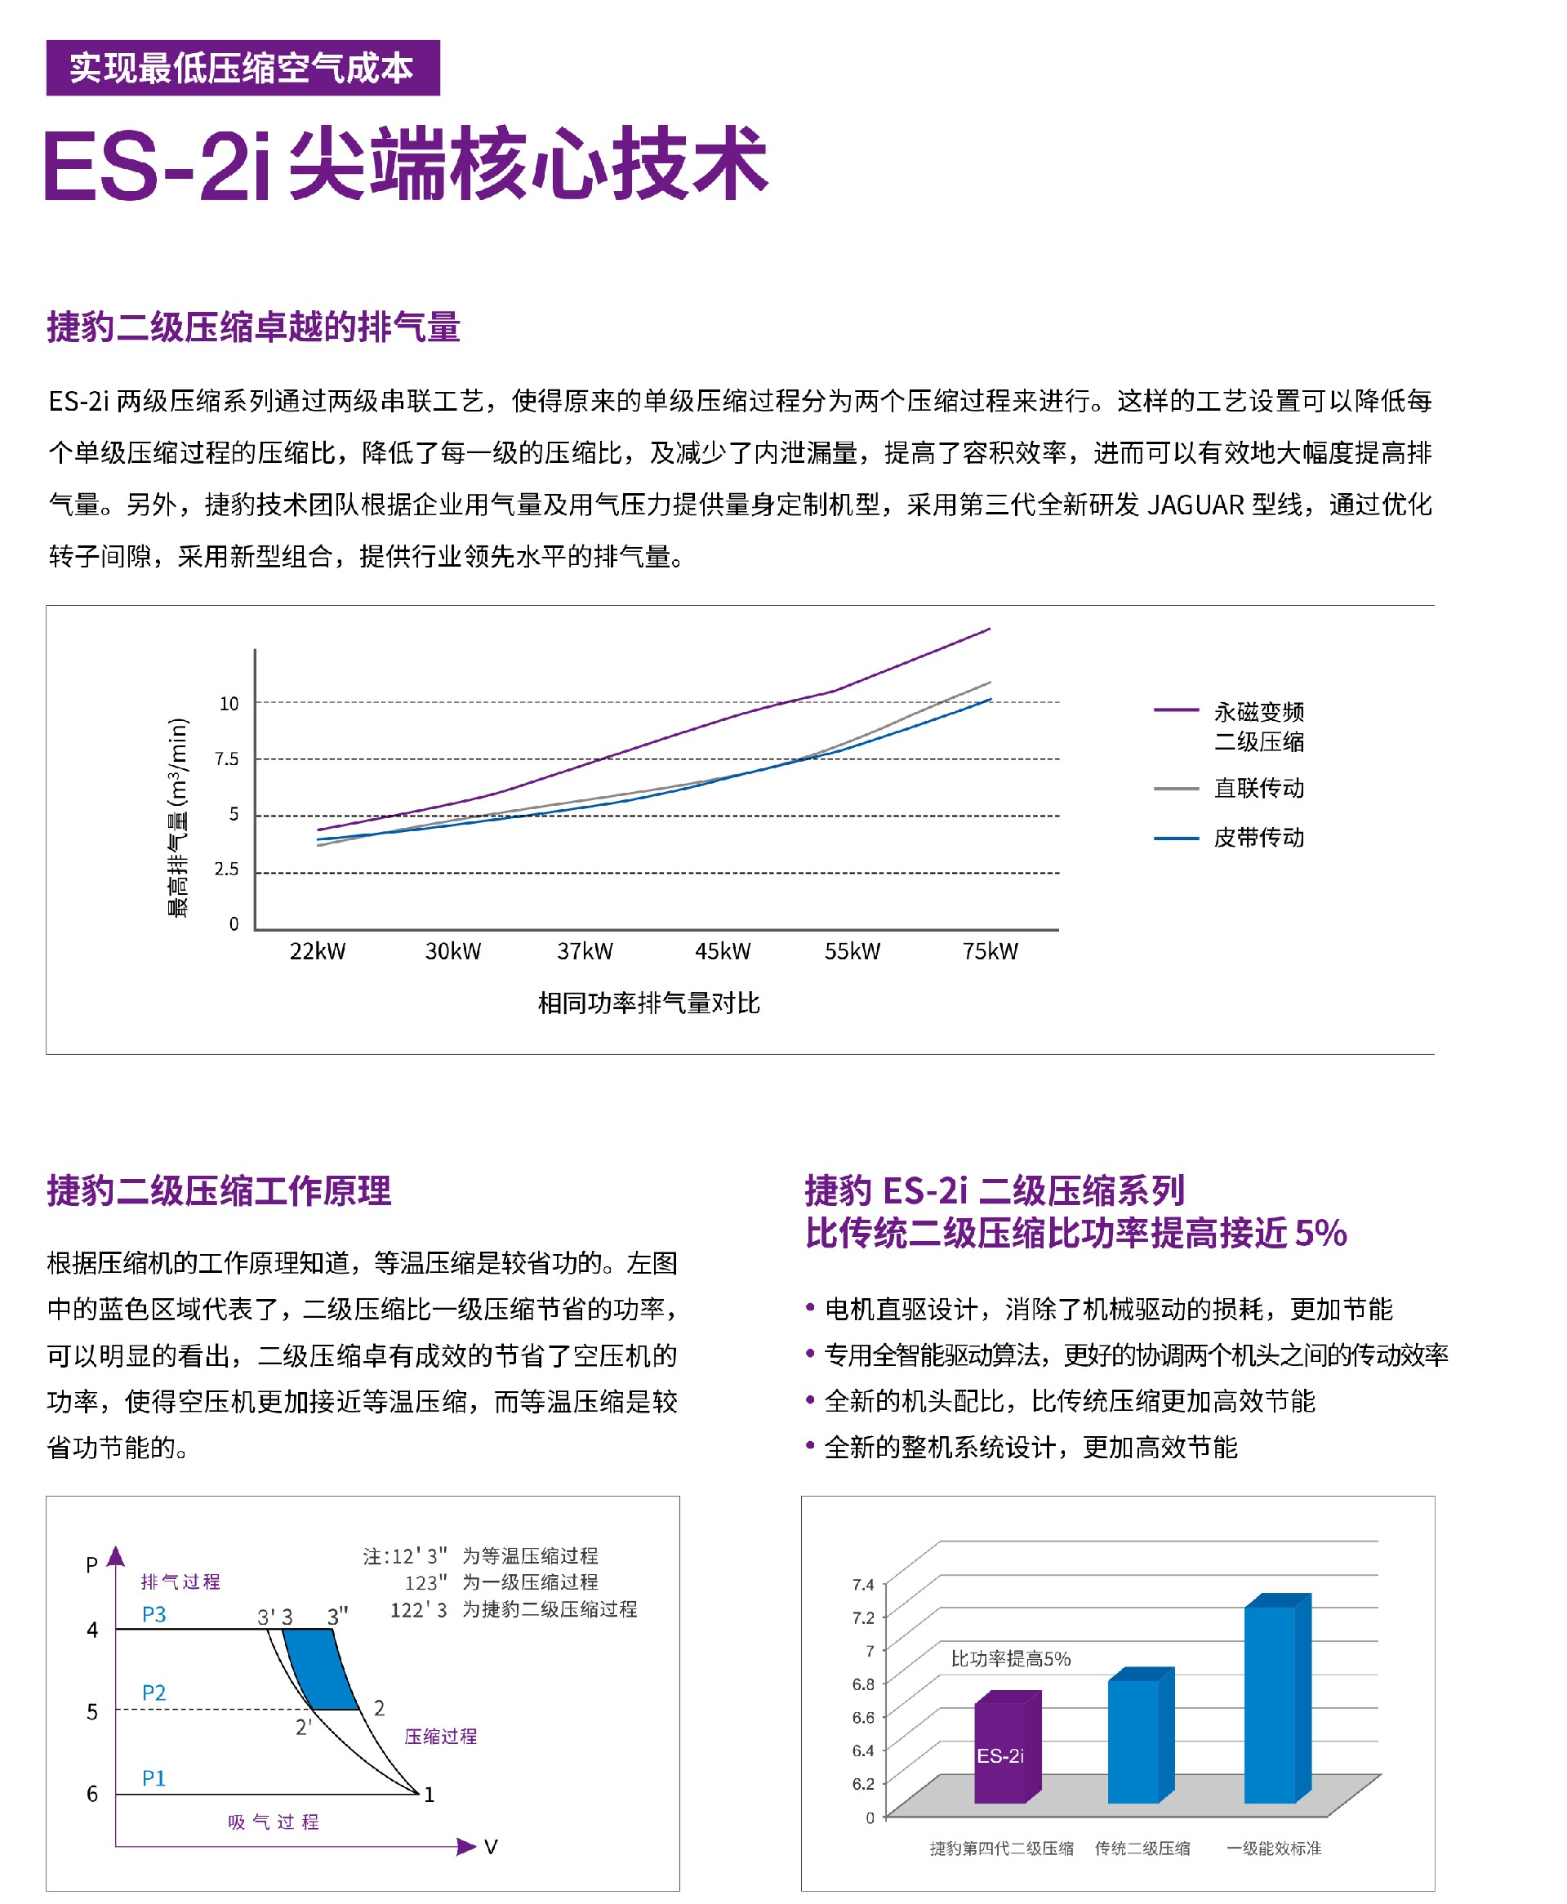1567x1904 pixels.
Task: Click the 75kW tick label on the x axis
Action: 990,951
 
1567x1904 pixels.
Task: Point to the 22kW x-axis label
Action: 317,951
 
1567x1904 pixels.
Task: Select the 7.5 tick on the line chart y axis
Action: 226,758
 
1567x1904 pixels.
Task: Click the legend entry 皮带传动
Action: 1258,838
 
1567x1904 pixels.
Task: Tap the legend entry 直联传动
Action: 1258,788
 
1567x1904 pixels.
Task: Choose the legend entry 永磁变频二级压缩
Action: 1258,727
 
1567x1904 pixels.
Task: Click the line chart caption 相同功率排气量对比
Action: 648,1003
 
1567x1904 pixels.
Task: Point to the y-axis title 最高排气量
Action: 178,816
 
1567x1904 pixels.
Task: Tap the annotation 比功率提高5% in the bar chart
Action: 1010,1658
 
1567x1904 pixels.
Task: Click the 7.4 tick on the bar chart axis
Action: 863,1585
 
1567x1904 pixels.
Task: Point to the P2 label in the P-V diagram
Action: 154,1693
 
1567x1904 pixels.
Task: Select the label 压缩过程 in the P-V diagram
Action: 439,1736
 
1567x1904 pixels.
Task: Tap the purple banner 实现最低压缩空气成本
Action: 243,68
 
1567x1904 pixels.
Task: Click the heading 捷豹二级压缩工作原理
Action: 219,1190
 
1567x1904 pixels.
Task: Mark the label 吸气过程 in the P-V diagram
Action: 274,1822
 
